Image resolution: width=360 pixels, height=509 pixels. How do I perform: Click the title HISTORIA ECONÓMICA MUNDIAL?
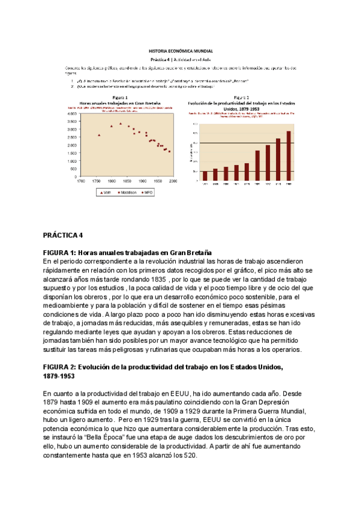tap(181, 52)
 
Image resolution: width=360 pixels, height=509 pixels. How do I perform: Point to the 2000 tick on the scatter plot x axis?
tap(174, 181)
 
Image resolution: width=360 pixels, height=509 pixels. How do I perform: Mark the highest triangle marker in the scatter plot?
tap(121, 124)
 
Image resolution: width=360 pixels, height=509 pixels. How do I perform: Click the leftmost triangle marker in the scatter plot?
tap(99, 135)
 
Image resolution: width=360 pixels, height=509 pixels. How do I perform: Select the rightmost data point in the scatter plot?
tap(169, 151)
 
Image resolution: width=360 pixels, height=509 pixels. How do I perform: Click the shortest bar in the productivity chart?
tap(205, 175)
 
